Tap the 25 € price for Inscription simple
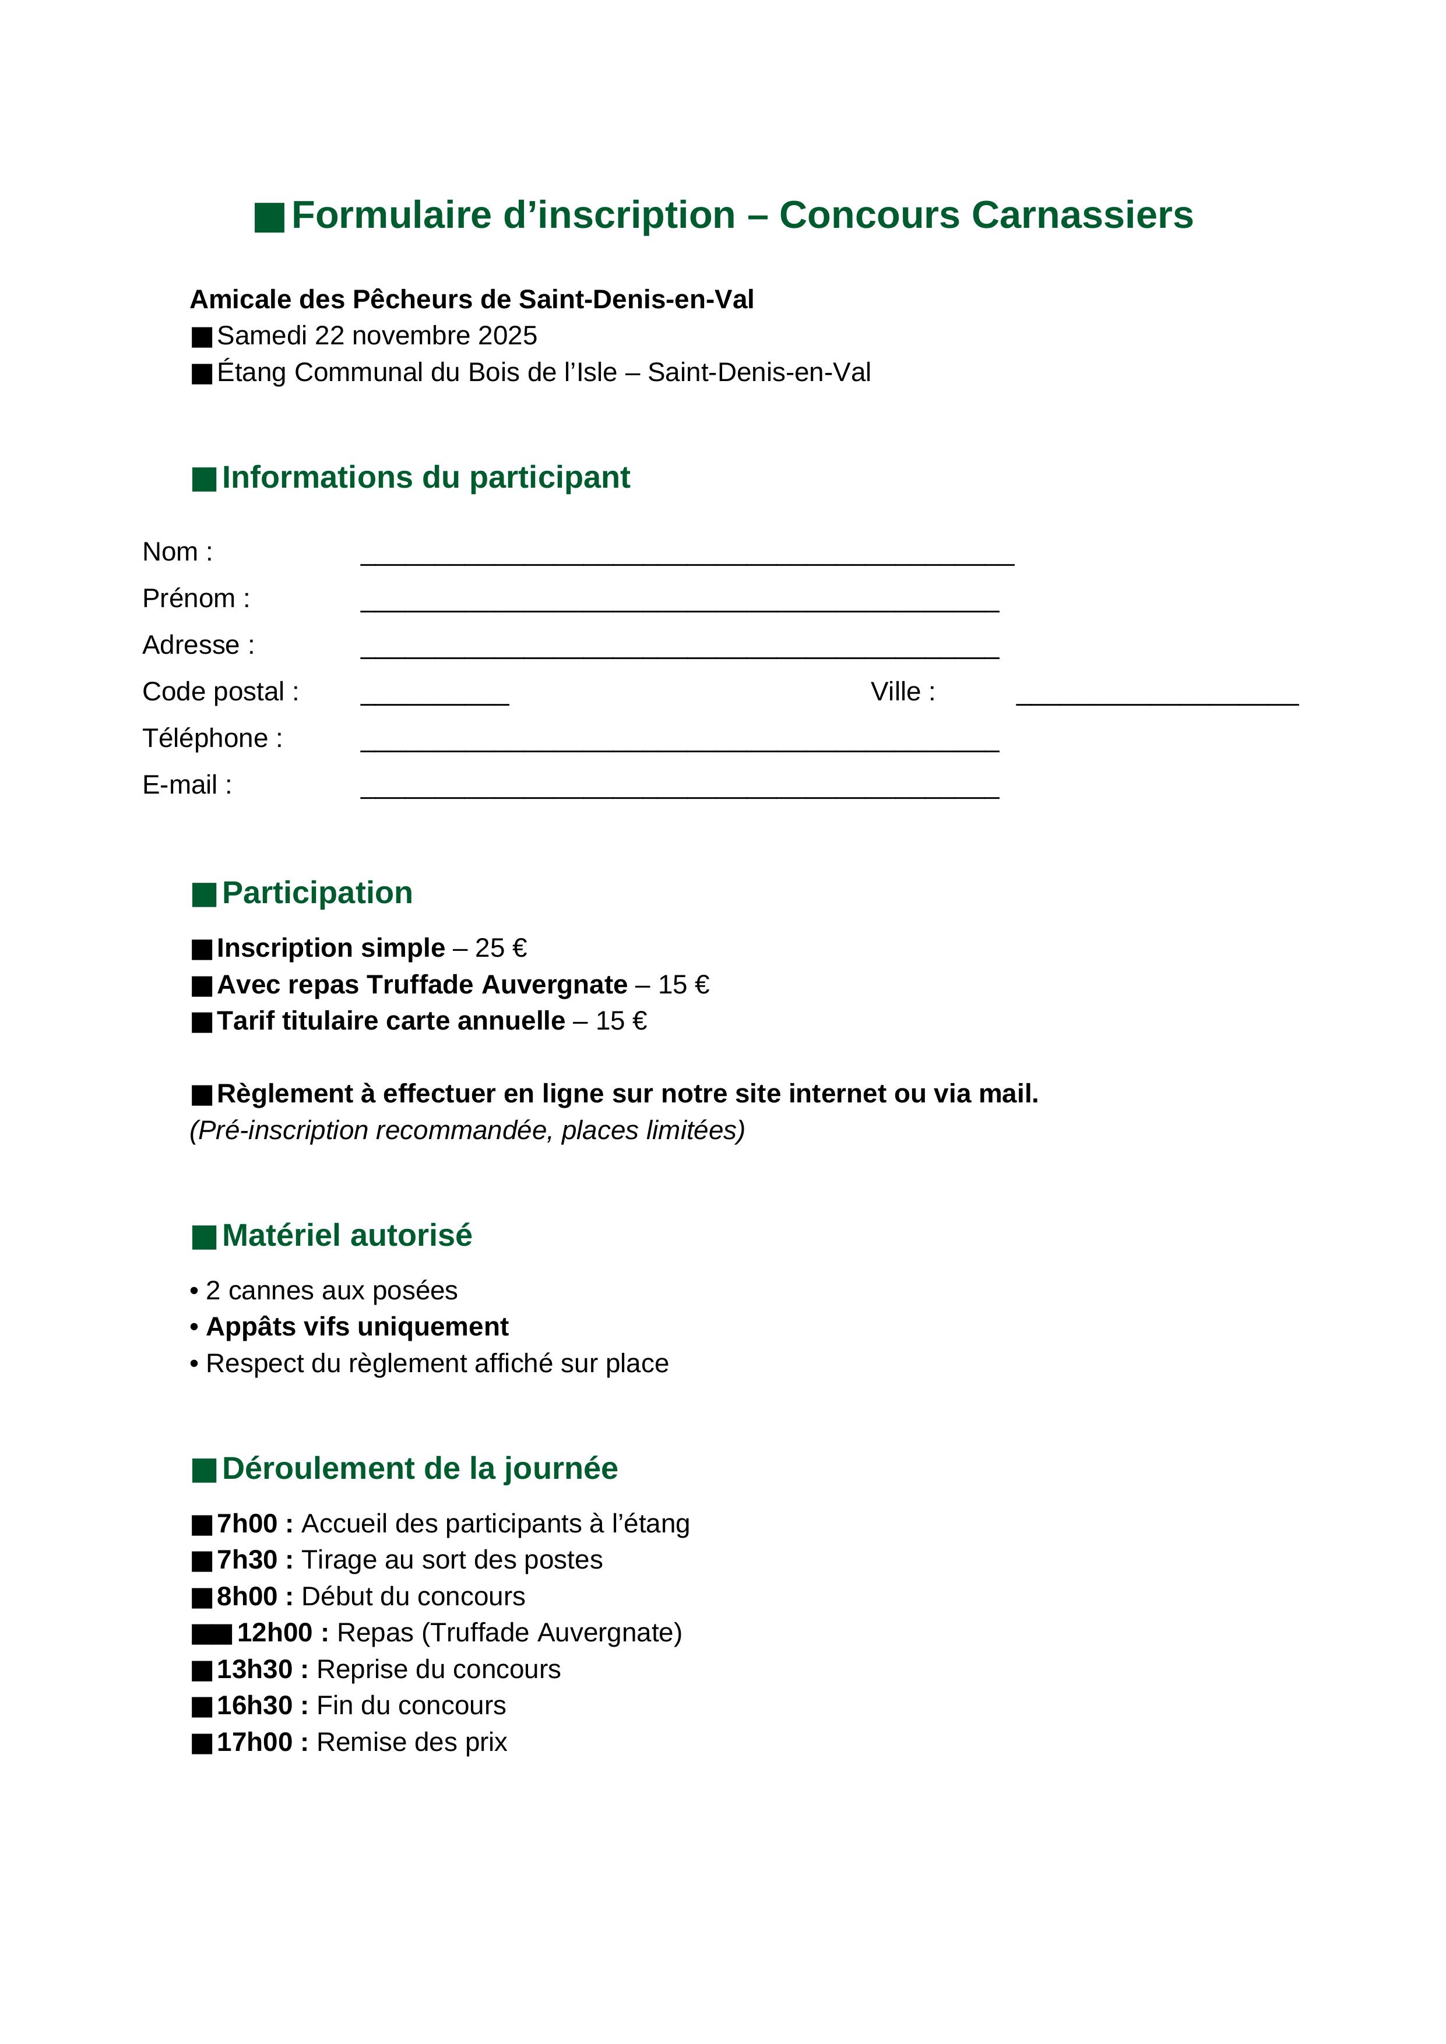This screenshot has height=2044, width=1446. point(501,948)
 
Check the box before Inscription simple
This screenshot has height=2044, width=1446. point(202,950)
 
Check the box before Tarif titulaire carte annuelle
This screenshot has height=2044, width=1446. point(202,1022)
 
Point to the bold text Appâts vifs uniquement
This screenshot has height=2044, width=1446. point(357,1327)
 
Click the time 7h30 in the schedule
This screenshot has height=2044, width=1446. point(247,1560)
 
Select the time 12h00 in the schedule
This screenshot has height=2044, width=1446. point(275,1633)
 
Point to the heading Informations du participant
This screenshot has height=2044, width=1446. point(425,477)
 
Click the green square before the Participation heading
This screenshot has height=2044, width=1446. point(204,895)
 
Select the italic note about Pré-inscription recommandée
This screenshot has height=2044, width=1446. point(467,1130)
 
